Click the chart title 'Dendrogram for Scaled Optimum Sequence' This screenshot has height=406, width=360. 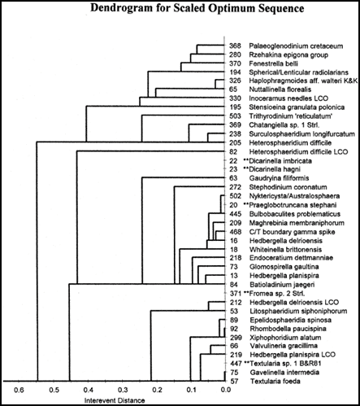(197, 8)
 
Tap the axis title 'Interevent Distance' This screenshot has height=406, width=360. (115, 400)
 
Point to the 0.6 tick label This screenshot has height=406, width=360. (20, 390)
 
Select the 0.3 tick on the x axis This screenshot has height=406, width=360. (123, 390)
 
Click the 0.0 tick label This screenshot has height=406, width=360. (226, 390)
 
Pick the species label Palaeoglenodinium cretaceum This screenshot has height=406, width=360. (296, 46)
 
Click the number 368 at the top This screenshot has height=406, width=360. (235, 46)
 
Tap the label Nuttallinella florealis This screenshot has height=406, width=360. (280, 89)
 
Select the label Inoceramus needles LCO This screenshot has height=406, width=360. (288, 98)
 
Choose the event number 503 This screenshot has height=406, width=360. (235, 116)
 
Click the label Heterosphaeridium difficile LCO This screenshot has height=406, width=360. (298, 152)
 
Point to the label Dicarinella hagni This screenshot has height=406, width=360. (275, 169)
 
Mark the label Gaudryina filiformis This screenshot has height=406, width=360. (279, 178)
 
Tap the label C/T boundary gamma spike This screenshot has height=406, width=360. (292, 232)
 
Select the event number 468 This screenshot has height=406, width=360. (236, 232)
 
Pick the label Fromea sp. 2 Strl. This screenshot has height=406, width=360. (277, 294)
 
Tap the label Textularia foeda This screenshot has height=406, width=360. (275, 382)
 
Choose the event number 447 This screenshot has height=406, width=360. (236, 364)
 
